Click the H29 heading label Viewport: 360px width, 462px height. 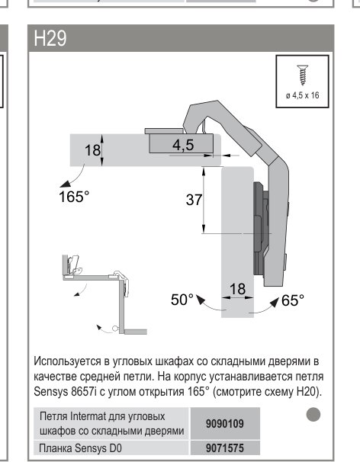[50, 38]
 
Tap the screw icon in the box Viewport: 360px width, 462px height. [303, 75]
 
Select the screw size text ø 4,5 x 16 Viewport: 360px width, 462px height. [303, 95]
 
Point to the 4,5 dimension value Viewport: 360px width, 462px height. [183, 145]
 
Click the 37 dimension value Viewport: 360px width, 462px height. [194, 200]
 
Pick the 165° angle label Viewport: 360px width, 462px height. [74, 197]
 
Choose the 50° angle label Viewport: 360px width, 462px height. [182, 300]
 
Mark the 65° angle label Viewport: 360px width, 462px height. [292, 300]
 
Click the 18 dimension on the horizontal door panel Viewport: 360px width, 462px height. [92, 150]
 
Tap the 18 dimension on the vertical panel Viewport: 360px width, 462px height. [237, 289]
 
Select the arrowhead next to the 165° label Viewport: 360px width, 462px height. [65, 184]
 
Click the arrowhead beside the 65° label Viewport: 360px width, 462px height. [275, 303]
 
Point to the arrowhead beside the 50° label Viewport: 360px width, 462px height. [201, 300]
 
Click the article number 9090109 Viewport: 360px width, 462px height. [225, 424]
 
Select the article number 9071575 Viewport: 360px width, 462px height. [225, 448]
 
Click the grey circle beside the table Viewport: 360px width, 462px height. [313, 415]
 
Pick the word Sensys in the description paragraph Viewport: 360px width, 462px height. [50, 392]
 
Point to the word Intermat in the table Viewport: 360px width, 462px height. [88, 416]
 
